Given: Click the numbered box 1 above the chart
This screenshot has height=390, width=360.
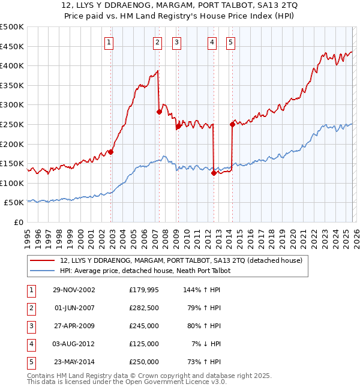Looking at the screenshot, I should coord(109,42).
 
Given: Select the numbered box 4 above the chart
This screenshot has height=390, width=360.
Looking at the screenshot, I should coord(212,42).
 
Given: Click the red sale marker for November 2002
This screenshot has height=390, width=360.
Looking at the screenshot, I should coord(111,152).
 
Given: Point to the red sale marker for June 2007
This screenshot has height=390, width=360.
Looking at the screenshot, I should coord(159,112).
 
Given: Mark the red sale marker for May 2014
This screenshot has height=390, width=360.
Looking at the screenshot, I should coord(232,124).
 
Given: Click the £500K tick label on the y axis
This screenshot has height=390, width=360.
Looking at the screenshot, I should coord(12,27).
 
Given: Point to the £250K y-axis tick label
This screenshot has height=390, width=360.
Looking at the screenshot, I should coord(12,124).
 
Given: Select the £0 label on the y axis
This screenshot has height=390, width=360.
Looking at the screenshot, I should coord(18,222).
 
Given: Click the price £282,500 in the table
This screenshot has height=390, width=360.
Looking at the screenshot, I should coord(144,308).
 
